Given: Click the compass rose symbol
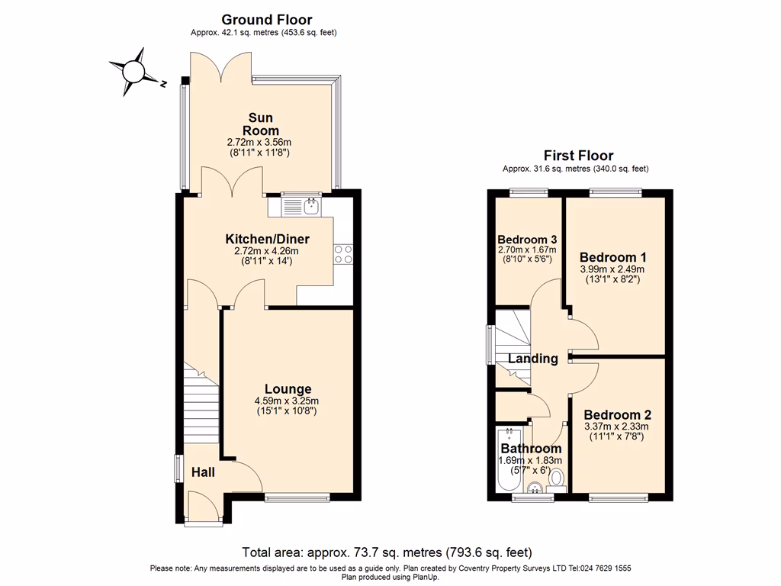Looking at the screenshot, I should (134, 72).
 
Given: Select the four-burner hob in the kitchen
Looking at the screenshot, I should (342, 253).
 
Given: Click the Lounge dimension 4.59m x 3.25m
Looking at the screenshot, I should (287, 401).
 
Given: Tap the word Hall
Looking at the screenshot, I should (203, 472).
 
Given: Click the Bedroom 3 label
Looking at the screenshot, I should (526, 239).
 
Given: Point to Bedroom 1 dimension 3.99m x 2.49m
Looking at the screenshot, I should (612, 269).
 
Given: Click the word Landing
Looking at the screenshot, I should (533, 359).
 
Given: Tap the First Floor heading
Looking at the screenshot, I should (578, 156).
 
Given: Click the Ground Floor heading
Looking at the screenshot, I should (266, 20).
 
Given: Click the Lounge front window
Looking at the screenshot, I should (297, 499).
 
